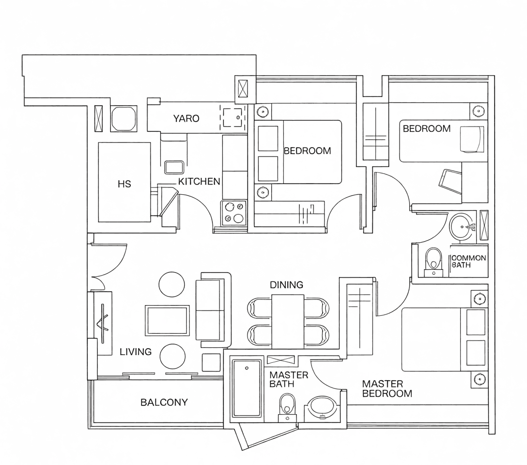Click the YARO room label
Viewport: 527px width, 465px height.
pos(186,118)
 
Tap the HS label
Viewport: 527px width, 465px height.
pos(124,184)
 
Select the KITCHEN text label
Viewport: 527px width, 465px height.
pos(199,182)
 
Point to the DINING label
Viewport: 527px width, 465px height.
pos(286,285)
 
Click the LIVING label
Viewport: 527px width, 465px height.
pos(136,352)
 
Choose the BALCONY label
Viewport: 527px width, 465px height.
pos(164,402)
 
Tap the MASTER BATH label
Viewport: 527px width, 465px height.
pos(289,379)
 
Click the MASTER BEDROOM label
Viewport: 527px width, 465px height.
pos(387,389)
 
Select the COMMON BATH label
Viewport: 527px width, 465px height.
pos(468,262)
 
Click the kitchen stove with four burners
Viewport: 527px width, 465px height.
pos(233,213)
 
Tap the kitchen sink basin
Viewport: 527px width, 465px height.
pos(174,167)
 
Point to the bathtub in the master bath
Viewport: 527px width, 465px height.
pos(247,388)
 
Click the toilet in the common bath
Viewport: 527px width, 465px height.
pos(434,263)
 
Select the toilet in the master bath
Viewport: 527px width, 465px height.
pos(287,407)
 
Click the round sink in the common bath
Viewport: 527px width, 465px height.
pos(463,228)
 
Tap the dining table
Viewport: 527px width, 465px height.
pos(288,322)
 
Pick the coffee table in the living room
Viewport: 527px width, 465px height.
pos(167,320)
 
